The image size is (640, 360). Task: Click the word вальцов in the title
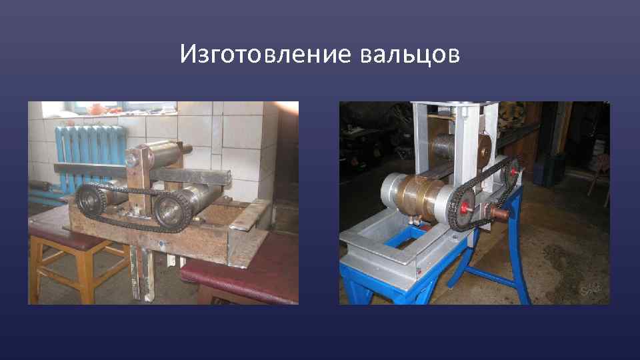(x=409, y=54)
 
